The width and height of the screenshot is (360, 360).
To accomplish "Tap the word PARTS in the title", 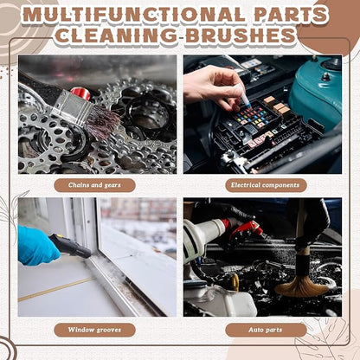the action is pos(291,15).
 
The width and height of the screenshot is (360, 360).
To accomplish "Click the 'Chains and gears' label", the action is pos(94,185).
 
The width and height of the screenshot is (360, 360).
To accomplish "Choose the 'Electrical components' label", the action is pos(266,185).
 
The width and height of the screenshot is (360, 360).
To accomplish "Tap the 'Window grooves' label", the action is pos(94,330).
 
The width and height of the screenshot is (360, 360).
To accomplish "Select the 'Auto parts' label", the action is pos(266,330).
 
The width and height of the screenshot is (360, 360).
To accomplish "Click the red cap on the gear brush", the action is pos(80,93).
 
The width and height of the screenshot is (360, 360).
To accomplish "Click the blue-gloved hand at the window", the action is pos(37,245).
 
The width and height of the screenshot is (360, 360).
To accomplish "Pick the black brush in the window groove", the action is pos(71,247).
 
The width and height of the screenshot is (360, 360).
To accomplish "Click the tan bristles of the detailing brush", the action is pos(301,285).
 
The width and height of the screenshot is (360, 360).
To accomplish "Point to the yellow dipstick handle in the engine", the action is pos(236,282).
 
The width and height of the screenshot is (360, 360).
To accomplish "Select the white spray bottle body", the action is pos(202,236).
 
